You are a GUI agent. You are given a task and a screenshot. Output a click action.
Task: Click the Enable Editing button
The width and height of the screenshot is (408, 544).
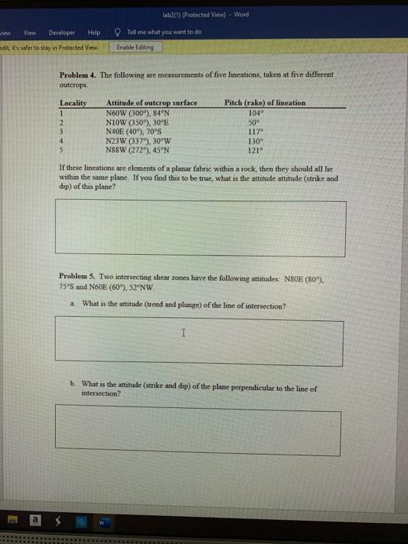(136, 47)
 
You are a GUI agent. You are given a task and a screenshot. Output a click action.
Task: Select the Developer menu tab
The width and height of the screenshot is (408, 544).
(62, 33)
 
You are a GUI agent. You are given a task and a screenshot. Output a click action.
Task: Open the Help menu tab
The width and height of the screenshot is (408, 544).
(94, 33)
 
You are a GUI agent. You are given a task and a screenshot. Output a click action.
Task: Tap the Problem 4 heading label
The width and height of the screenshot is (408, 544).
(78, 75)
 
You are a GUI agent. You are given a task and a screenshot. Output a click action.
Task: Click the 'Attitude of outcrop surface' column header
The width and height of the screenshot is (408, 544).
(152, 103)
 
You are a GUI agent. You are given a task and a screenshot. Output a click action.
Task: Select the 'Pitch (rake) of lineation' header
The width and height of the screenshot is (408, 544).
(264, 103)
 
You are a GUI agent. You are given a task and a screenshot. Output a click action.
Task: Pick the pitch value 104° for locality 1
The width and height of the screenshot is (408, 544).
(254, 111)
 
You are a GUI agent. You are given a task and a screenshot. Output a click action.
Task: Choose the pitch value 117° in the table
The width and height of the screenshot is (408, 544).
(254, 131)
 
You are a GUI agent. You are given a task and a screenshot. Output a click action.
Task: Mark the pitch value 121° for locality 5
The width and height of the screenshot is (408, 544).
(254, 150)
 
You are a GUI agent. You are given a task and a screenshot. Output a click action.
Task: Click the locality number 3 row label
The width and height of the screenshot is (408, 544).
(62, 131)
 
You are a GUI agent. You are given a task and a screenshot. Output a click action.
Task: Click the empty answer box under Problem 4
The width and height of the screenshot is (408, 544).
(201, 228)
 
